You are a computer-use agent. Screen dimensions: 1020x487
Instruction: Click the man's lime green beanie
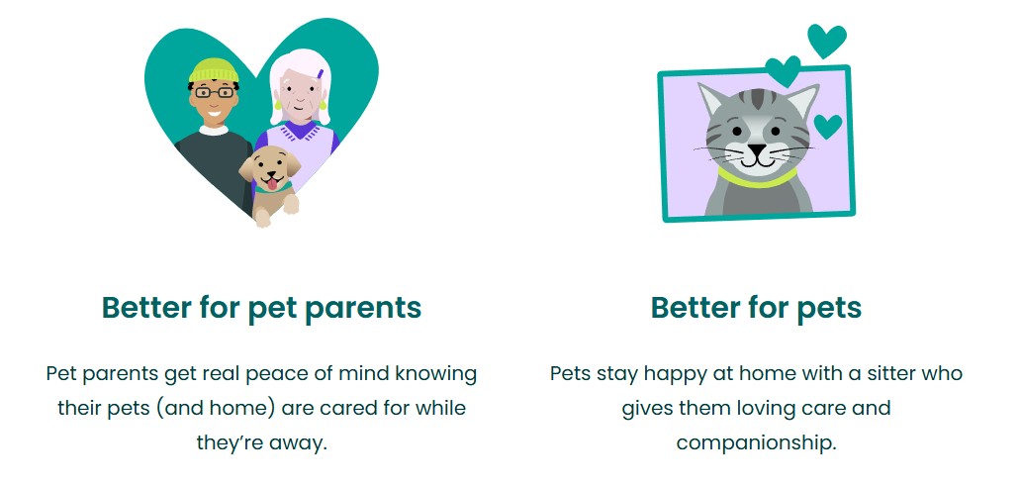point(214,70)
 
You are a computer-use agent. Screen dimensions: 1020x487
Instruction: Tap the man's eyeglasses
point(214,92)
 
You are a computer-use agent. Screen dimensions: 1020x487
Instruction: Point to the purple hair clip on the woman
point(320,74)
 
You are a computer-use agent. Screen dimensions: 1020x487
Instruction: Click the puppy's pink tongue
point(270,182)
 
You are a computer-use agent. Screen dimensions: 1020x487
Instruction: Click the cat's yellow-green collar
point(757,178)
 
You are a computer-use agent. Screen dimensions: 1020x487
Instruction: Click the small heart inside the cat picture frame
point(827,126)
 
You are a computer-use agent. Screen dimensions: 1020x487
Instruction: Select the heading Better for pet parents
point(261,308)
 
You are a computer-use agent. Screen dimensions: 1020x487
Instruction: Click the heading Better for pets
point(756,308)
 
